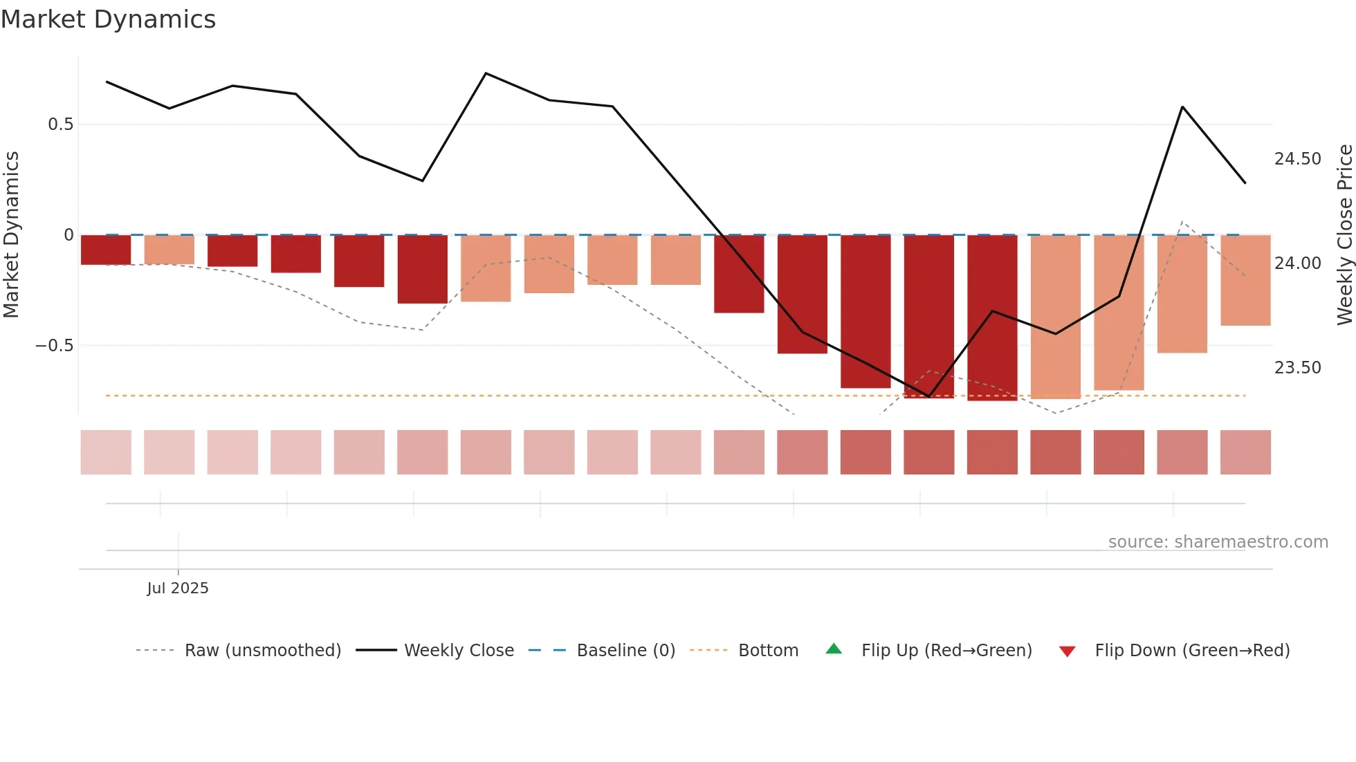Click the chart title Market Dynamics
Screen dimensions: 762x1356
point(108,19)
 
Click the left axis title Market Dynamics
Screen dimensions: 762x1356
point(11,234)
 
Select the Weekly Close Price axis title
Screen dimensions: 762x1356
point(1344,234)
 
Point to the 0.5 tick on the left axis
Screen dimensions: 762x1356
point(60,124)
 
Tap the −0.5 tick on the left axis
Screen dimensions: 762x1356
point(55,346)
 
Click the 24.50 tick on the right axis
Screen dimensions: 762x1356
point(1297,159)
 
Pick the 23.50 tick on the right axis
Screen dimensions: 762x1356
point(1297,368)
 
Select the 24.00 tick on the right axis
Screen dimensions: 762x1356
point(1297,263)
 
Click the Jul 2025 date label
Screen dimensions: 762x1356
point(177,588)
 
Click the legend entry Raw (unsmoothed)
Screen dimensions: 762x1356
point(262,651)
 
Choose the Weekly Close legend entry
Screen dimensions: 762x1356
point(459,651)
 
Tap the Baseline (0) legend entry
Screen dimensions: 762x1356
point(625,651)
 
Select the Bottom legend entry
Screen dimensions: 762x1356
point(768,651)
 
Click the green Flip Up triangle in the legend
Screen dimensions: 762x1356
point(834,649)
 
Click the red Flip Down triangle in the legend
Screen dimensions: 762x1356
point(1067,651)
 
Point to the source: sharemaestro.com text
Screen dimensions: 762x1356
point(1218,542)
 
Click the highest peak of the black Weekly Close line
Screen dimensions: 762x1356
point(486,73)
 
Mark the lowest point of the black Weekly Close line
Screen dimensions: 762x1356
point(929,397)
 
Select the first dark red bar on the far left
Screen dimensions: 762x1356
point(106,250)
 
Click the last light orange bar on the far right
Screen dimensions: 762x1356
point(1245,280)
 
